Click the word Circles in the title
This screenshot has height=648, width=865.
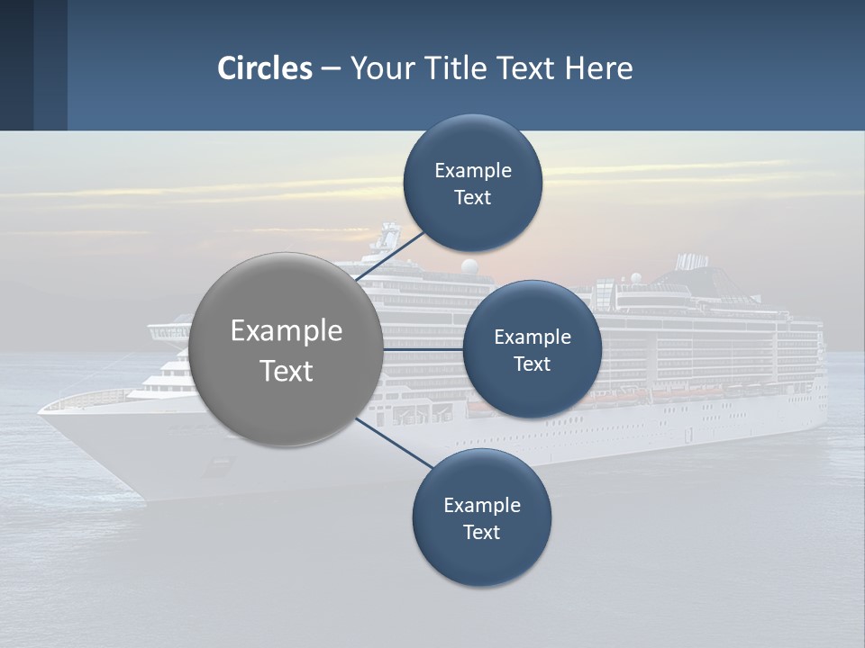tap(265, 68)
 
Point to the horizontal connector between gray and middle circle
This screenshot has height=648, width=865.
tap(423, 349)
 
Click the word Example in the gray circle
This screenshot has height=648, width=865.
tap(287, 331)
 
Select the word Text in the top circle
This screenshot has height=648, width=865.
tap(472, 198)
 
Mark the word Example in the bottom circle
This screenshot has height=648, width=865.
tap(481, 505)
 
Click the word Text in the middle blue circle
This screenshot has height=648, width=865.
tap(532, 364)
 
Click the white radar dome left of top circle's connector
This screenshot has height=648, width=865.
tap(469, 266)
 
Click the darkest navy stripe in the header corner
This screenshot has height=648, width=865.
tap(16, 65)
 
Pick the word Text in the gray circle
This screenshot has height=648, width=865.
tap(287, 371)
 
